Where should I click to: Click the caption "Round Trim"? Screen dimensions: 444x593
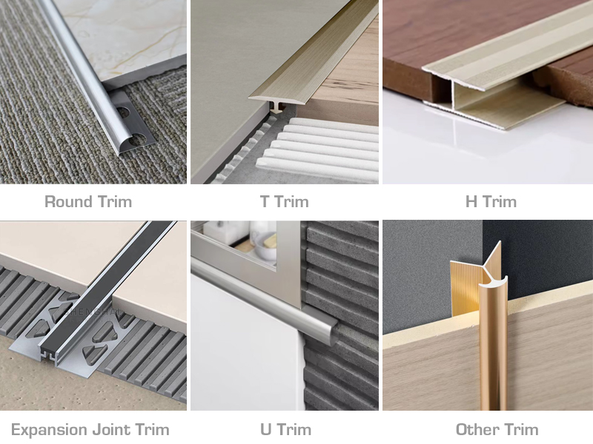(88, 201)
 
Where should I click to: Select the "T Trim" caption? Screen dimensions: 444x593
(285, 201)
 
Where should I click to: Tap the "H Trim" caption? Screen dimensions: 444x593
(491, 201)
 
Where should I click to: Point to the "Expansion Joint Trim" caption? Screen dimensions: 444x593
(90, 429)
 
